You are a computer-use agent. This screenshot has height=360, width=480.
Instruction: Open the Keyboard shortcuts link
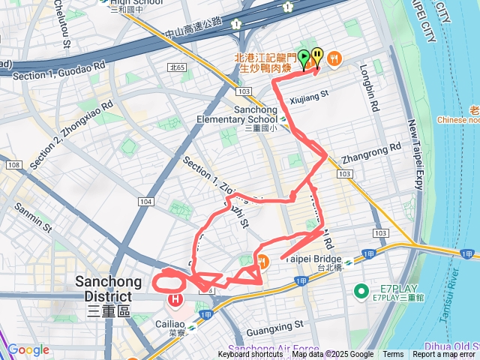point(251,355)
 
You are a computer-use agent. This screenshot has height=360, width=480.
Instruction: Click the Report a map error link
point(445,355)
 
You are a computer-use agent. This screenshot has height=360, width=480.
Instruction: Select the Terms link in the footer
point(393,355)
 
